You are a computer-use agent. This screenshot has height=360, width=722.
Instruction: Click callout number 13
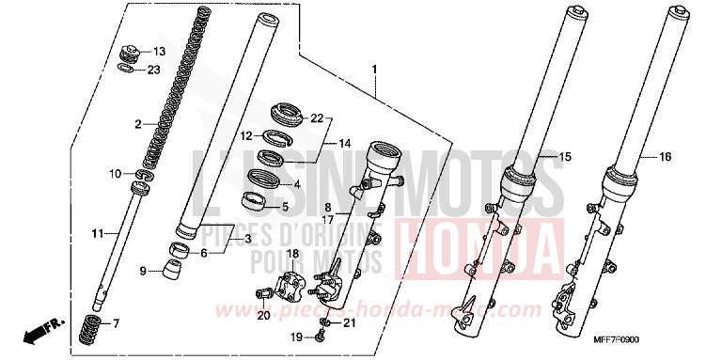159,51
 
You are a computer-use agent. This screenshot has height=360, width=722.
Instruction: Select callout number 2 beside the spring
137,124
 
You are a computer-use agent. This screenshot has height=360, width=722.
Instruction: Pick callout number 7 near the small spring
117,323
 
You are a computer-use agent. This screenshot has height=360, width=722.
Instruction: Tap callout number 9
143,272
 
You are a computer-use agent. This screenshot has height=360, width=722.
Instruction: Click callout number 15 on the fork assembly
566,155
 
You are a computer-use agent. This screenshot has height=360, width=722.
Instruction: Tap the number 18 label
292,254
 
